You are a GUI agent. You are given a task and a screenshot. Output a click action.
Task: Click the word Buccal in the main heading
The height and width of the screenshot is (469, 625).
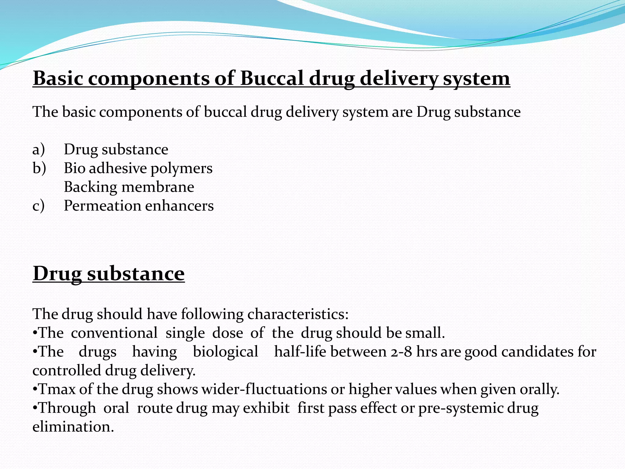272,78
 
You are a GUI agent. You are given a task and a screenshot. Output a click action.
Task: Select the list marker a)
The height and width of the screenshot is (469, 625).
39,150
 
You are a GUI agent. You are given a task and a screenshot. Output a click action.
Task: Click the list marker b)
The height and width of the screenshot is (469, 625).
39,168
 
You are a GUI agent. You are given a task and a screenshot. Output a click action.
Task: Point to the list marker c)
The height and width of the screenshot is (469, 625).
38,206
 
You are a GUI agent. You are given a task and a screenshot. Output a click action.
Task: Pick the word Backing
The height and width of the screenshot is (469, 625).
90,187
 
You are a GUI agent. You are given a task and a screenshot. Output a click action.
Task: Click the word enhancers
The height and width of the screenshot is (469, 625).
179,206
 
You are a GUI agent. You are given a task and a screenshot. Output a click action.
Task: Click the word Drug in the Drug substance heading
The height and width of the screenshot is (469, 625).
57,274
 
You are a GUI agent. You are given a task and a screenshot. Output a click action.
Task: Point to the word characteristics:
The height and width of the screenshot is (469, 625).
298,314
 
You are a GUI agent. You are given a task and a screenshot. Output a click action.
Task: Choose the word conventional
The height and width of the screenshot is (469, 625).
114,333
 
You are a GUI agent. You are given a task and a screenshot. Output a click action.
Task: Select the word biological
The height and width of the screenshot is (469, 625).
226,352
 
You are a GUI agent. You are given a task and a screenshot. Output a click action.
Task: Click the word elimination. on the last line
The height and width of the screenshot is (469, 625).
73,427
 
